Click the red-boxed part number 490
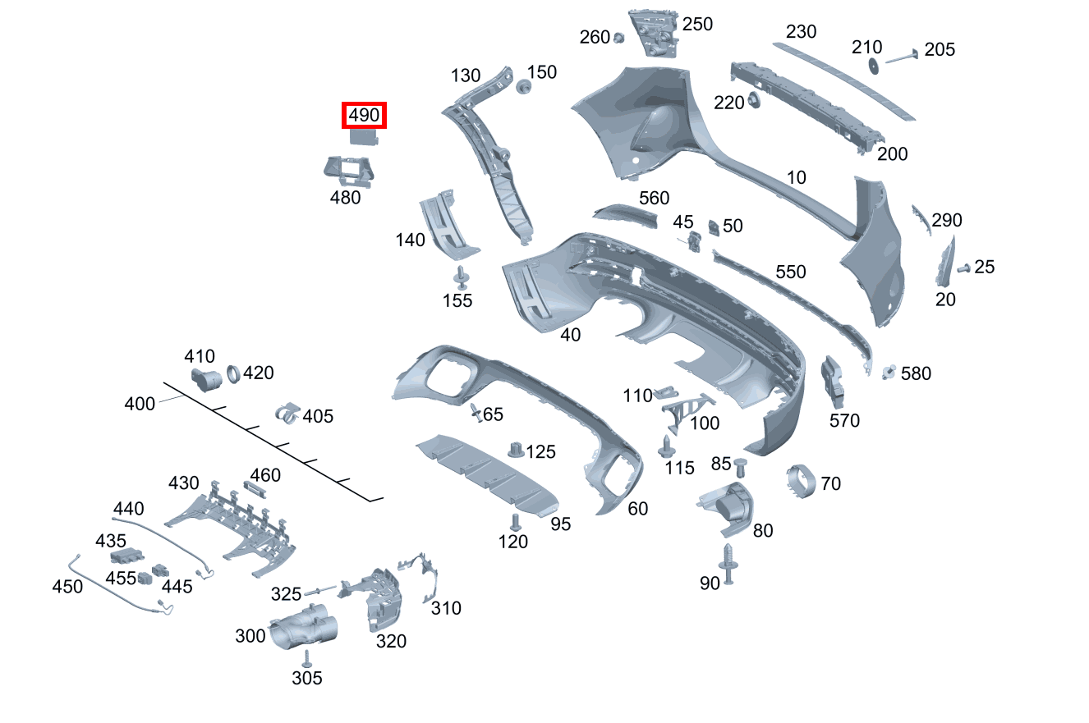pos(364,116)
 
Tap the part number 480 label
pos(345,197)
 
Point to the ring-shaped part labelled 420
pos(232,374)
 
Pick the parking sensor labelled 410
pos(206,379)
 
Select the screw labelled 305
pos(306,658)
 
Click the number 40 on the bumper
pos(570,334)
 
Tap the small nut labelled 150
pos(522,86)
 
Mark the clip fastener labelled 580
pos(888,372)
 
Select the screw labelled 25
pos(963,268)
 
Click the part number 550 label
pos(791,272)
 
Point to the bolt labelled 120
pos(515,522)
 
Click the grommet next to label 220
pos(752,102)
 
